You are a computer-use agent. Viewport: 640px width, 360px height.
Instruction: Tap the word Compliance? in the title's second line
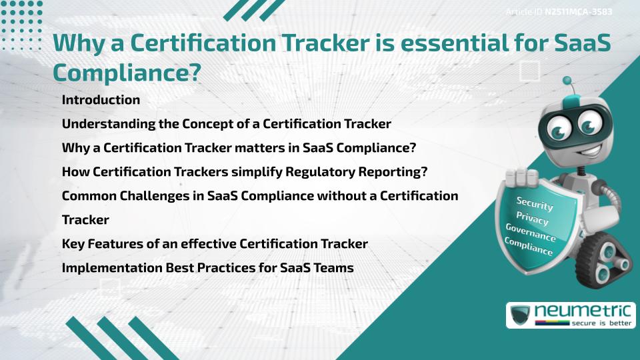[127, 73]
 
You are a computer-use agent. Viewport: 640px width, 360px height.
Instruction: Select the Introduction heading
[101, 100]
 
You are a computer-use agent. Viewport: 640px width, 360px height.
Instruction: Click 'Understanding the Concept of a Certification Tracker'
[226, 124]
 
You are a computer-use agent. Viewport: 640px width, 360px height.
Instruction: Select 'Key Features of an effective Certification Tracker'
[215, 244]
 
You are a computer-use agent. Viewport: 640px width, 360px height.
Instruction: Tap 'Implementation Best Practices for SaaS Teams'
[207, 268]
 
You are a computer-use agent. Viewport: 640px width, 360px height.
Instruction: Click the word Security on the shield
[535, 204]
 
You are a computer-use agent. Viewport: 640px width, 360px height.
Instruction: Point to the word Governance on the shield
[531, 233]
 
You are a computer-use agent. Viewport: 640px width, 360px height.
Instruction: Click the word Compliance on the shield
[529, 247]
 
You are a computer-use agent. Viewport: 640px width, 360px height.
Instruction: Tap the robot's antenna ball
[567, 81]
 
